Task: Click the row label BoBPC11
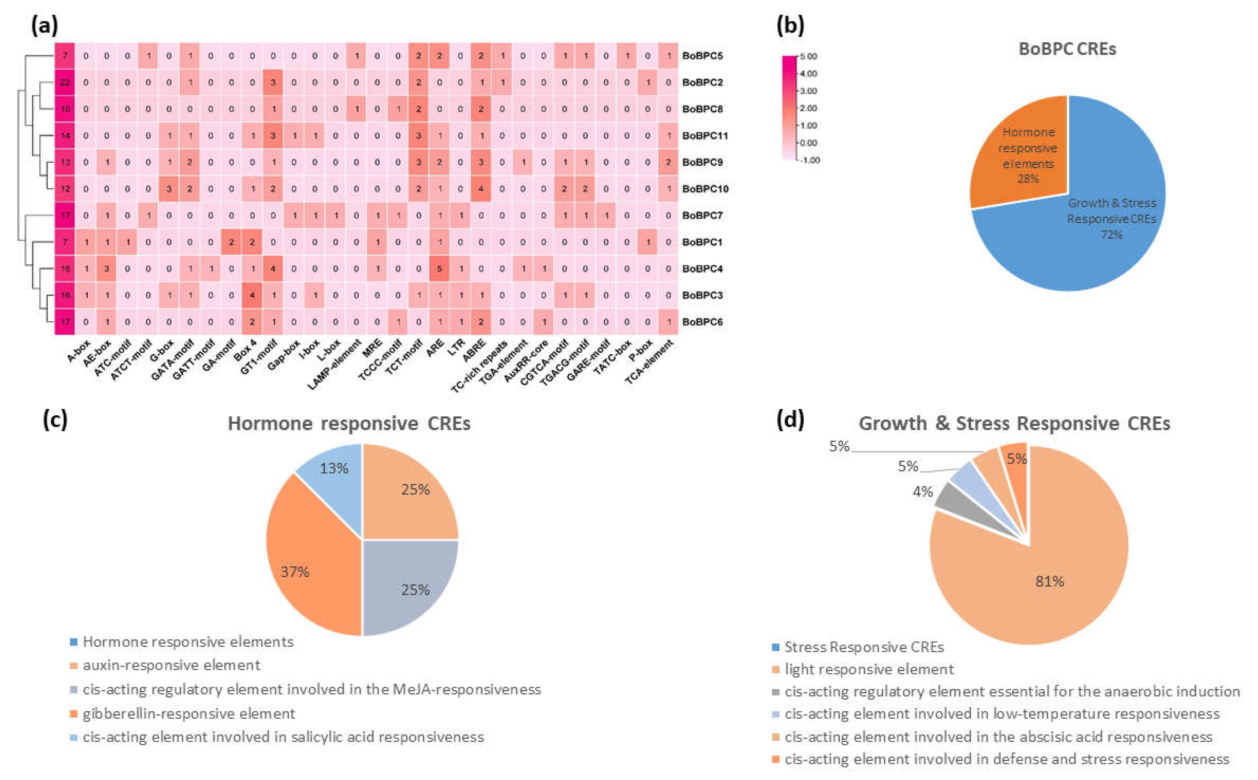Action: [x=705, y=136]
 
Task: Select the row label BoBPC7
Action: [x=702, y=215]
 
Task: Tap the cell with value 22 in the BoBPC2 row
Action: [x=65, y=82]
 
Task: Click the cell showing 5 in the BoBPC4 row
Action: [x=439, y=269]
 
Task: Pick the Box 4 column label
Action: [x=246, y=351]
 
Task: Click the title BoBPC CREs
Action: [x=1067, y=49]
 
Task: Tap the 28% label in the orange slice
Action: [x=1027, y=179]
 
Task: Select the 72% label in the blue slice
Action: [x=1111, y=235]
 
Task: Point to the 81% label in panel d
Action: [x=1049, y=582]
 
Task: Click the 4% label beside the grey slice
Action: [x=923, y=492]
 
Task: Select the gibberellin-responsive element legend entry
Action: [x=188, y=714]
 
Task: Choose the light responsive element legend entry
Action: [x=869, y=669]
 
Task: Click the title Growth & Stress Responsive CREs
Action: [x=1014, y=423]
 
